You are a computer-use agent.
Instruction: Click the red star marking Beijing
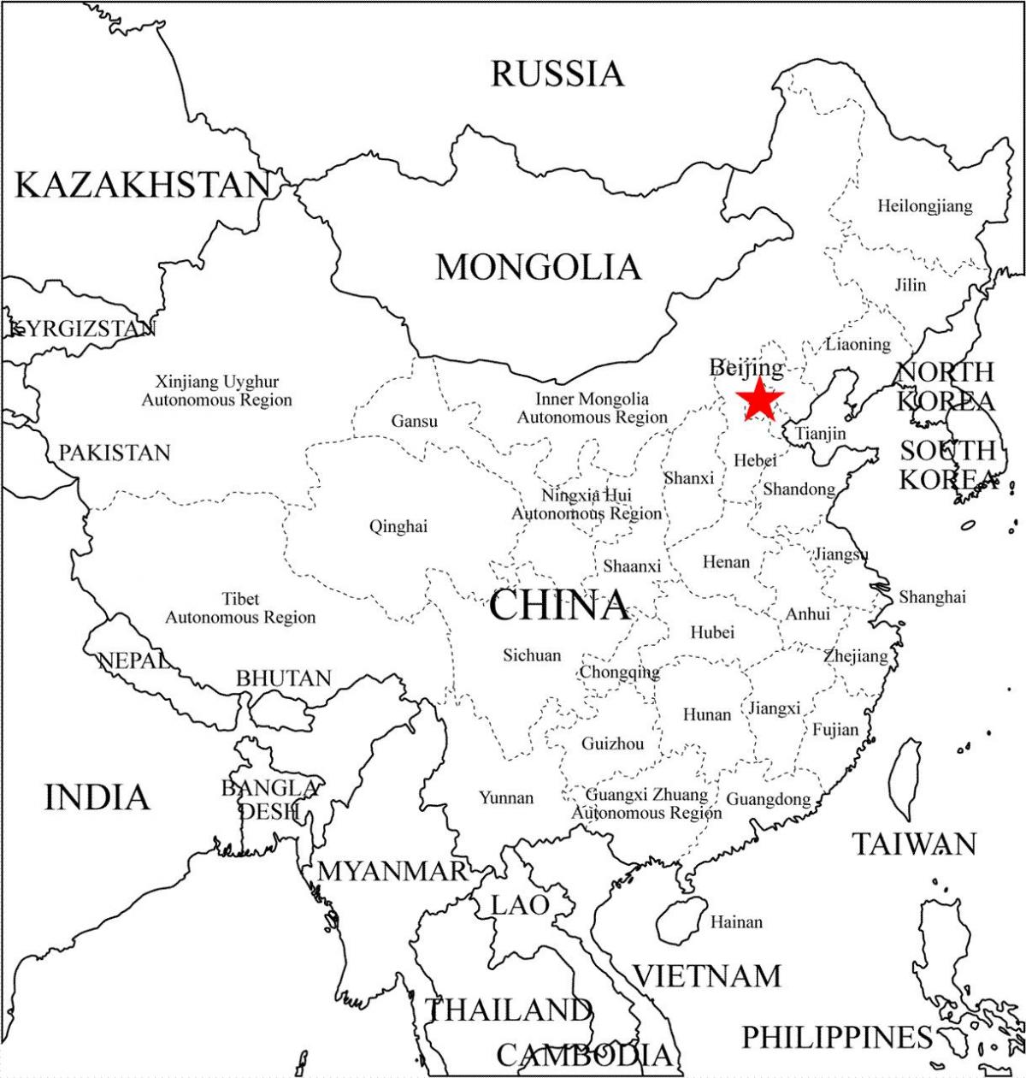coord(759,399)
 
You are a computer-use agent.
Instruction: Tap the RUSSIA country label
coord(557,74)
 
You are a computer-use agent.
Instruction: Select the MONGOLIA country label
coord(538,267)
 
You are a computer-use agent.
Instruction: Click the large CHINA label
coord(559,606)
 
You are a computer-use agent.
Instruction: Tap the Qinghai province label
coord(398,527)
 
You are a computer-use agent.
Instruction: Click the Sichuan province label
coord(532,655)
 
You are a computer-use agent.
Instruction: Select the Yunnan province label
coord(506,797)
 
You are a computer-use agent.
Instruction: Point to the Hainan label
coord(736,922)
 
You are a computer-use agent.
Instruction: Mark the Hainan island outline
coord(681,920)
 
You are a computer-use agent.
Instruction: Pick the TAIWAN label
coord(914,844)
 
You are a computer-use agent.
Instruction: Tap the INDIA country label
coord(97,797)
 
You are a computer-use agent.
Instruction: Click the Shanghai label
coord(932,597)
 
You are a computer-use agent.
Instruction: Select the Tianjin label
coord(821,434)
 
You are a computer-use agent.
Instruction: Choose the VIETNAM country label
coord(707,975)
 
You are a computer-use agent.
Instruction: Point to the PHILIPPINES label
coord(836,1038)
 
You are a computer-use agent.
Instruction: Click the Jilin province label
coord(911,285)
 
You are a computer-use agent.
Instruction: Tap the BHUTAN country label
coord(284,678)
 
